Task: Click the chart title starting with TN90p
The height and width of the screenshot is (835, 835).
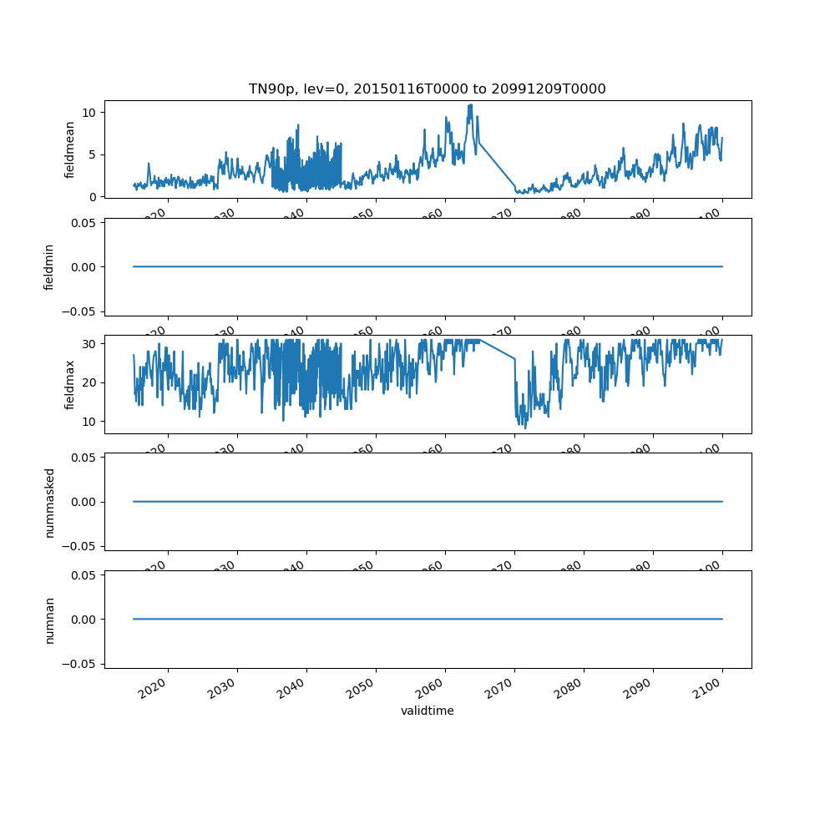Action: tap(427, 89)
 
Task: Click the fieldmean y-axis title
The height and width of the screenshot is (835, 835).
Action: tap(70, 149)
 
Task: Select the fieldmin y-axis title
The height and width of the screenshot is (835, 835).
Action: tap(49, 267)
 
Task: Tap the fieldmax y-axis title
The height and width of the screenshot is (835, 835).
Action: tap(70, 384)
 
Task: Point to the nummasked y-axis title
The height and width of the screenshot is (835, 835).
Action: tap(49, 502)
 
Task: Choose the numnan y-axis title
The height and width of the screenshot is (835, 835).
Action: tap(49, 620)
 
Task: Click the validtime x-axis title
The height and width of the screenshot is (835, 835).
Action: tap(427, 711)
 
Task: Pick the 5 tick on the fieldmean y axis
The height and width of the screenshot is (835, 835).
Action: tap(94, 154)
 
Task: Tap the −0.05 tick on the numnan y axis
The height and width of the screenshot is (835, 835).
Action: tap(81, 664)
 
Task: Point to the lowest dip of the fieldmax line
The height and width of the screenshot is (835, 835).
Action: tap(525, 428)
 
